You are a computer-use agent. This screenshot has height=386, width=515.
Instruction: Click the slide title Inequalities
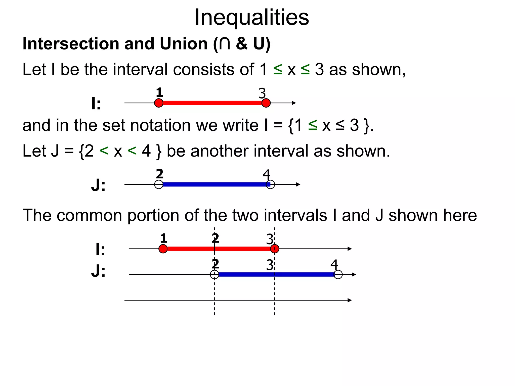click(252, 18)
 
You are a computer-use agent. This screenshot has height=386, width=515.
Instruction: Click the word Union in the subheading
click(184, 44)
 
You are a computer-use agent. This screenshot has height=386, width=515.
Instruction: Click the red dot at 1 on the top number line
click(159, 103)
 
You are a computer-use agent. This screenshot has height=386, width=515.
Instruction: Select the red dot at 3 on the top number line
click(266, 103)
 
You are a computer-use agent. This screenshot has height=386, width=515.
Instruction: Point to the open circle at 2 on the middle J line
click(159, 184)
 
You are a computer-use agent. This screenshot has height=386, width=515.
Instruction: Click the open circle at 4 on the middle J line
click(271, 184)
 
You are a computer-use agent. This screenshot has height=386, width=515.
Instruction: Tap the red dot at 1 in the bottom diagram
click(163, 249)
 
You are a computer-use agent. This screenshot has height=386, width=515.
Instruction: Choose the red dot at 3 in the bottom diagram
click(275, 249)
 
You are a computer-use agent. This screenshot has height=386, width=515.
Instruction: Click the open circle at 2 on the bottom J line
click(214, 274)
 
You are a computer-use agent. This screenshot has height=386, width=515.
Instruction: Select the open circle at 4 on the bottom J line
click(338, 274)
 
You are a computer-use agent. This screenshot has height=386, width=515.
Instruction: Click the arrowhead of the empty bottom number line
click(350, 300)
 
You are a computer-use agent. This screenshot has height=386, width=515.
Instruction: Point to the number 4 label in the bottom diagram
click(334, 265)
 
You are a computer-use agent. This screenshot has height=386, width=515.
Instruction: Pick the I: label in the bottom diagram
click(100, 250)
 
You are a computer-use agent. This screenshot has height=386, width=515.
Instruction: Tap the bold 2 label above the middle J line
click(159, 174)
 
